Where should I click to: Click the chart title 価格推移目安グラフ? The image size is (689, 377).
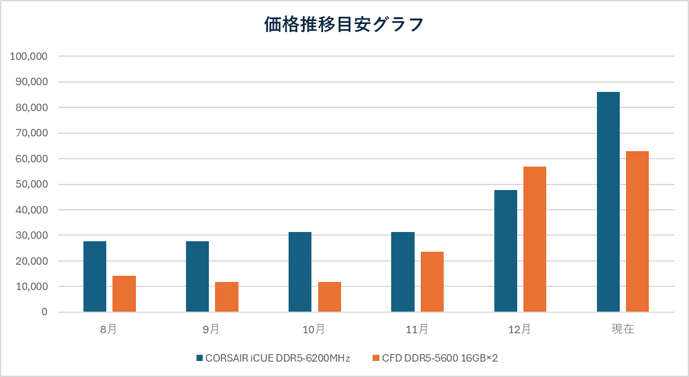click(344, 25)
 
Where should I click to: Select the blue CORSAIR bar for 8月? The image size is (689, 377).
click(95, 276)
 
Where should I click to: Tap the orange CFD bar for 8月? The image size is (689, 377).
click(124, 294)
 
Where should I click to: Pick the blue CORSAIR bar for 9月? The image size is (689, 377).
click(197, 276)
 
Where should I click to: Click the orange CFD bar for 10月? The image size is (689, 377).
click(329, 297)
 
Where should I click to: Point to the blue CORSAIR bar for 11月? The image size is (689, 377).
click(403, 272)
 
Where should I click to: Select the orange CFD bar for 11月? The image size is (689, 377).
click(432, 282)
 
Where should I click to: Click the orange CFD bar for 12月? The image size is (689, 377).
click(535, 239)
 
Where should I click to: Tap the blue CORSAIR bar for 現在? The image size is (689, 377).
click(608, 202)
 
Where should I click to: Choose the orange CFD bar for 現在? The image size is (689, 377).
click(637, 231)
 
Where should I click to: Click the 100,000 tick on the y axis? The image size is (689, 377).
click(29, 56)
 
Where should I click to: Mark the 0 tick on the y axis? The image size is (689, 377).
click(44, 312)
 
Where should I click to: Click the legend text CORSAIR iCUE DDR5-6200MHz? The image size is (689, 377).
click(277, 358)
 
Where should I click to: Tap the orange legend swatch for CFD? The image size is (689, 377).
click(376, 358)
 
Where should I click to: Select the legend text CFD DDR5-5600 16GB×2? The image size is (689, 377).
click(439, 358)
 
